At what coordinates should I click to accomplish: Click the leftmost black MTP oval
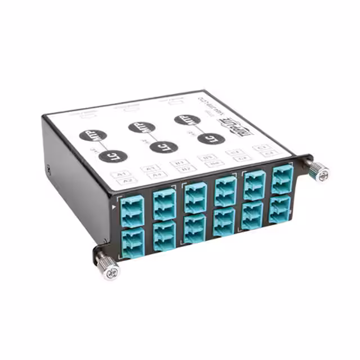click(89, 136)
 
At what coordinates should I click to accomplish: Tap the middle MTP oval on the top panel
click(139, 127)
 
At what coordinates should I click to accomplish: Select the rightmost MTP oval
click(184, 119)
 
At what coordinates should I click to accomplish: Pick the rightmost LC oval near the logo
click(211, 138)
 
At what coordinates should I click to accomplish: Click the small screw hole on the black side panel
click(50, 168)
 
